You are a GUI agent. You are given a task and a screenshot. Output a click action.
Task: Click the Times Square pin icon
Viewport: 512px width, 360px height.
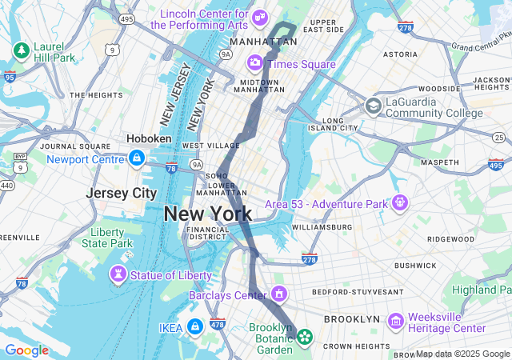click(255, 62)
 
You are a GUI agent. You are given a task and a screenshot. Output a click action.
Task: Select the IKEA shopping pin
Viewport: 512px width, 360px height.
click(194, 327)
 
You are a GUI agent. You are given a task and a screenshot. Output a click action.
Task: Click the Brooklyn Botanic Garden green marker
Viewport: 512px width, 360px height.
click(305, 337)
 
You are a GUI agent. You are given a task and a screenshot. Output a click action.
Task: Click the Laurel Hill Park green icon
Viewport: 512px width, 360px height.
click(21, 51)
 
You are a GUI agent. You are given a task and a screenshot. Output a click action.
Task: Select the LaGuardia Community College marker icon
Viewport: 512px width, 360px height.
click(373, 106)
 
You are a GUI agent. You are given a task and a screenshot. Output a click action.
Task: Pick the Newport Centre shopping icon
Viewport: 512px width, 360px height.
click(137, 158)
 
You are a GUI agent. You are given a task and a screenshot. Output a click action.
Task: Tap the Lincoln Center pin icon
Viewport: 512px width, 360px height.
click(259, 18)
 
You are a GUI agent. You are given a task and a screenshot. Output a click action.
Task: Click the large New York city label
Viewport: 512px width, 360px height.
click(207, 214)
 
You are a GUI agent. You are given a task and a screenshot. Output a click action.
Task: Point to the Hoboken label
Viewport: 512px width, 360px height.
click(149, 138)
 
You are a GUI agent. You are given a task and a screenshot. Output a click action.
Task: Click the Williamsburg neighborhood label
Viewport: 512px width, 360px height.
click(322, 227)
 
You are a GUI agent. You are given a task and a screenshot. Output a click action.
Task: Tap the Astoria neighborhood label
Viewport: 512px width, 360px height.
click(400, 54)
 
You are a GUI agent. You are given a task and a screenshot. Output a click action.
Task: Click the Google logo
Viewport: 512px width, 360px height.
click(26, 350)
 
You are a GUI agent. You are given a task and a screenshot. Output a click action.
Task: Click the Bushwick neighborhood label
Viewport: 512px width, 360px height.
click(415, 265)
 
